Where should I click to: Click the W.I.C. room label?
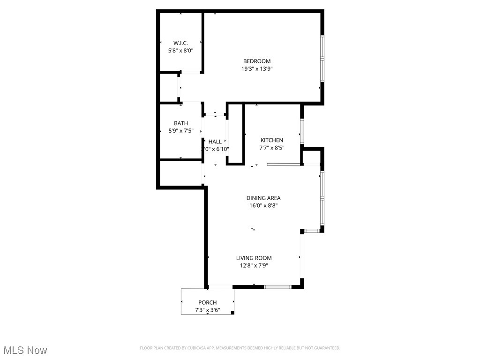(x=180, y=43)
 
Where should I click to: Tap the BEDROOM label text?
(x=256, y=61)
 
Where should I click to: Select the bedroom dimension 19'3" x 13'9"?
(x=256, y=68)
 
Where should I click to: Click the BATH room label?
(x=180, y=123)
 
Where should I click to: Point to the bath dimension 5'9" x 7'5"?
(x=180, y=131)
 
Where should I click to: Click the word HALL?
(x=215, y=142)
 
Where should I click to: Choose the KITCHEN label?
(x=272, y=140)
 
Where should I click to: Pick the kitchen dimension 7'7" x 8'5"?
(x=272, y=148)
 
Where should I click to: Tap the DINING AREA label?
(x=263, y=198)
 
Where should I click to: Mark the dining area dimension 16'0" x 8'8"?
(x=263, y=205)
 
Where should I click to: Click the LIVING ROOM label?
(x=254, y=258)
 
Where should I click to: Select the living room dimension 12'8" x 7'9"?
(x=254, y=265)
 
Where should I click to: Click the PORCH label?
(x=207, y=302)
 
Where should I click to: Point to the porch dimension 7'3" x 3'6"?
(x=207, y=310)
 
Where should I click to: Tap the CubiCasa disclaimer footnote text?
(x=240, y=348)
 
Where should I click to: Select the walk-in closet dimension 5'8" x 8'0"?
(x=180, y=50)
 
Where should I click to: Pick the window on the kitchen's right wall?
(x=302, y=131)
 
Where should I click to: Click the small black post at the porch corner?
(x=233, y=313)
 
